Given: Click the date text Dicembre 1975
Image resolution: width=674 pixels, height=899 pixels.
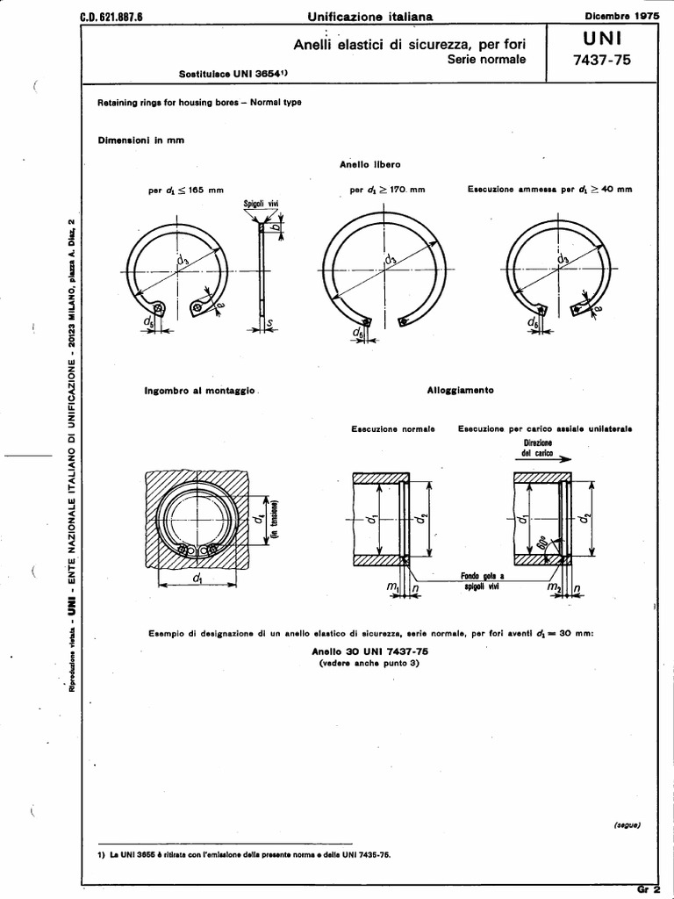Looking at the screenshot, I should pyautogui.click(x=621, y=15).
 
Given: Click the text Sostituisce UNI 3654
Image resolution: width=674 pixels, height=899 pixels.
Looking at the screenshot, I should pyautogui.click(x=233, y=76).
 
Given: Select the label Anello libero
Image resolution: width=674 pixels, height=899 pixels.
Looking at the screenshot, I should pyautogui.click(x=369, y=164).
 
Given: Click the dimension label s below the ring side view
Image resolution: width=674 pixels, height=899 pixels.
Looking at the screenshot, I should pyautogui.click(x=270, y=325).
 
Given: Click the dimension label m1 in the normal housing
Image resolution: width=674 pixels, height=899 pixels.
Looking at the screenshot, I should pyautogui.click(x=394, y=586).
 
